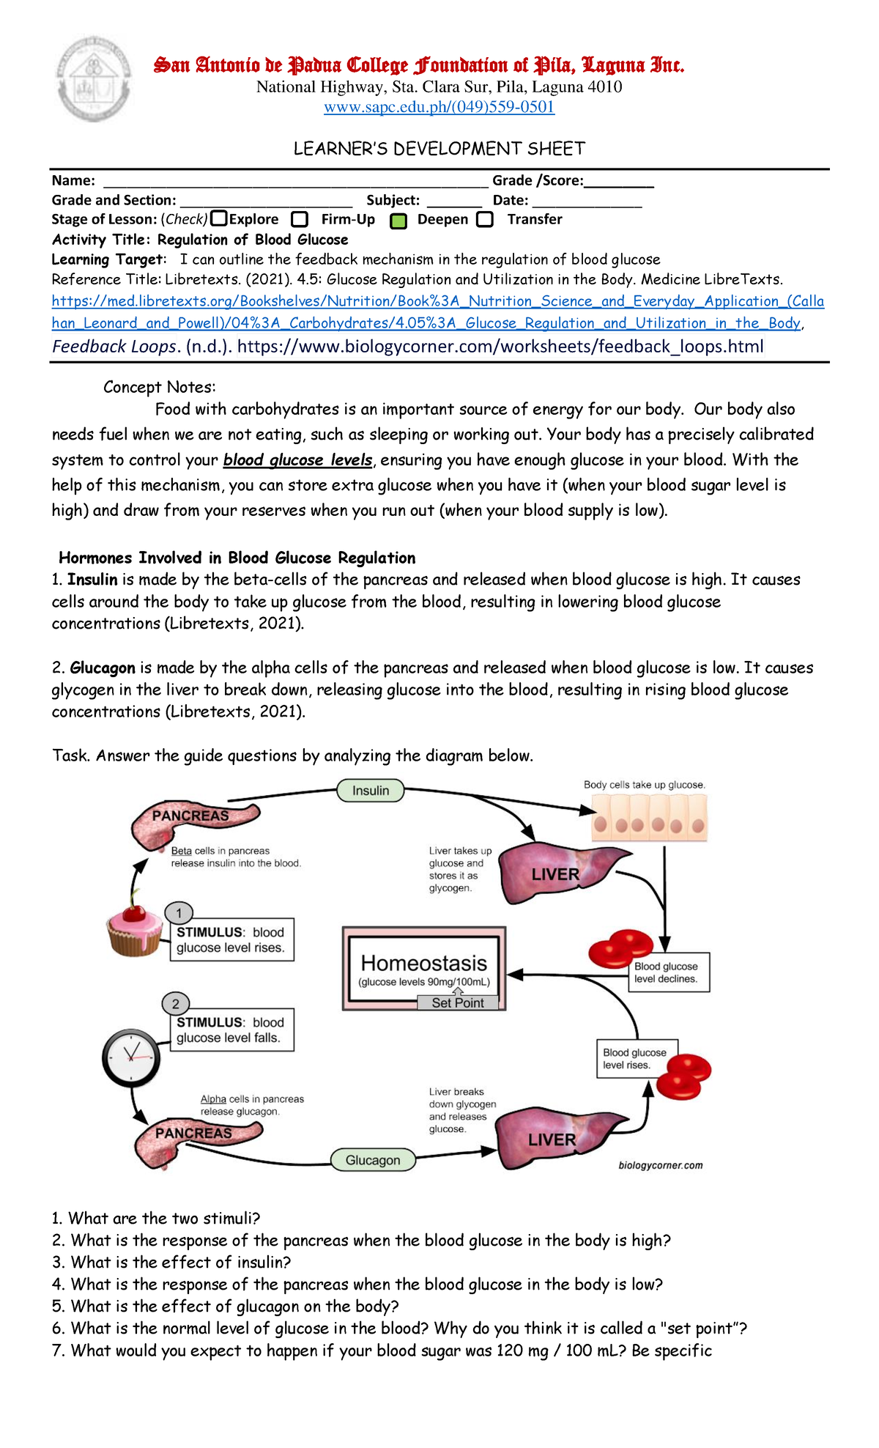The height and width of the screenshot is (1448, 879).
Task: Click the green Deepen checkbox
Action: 398,221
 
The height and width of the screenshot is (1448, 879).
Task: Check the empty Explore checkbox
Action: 218,218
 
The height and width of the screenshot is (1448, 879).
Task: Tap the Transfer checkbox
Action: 485,219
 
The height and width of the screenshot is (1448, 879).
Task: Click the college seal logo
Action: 94,78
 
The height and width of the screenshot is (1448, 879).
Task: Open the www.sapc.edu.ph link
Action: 439,107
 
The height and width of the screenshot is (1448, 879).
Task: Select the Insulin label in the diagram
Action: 371,791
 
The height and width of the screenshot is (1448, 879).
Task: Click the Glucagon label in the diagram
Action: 373,1160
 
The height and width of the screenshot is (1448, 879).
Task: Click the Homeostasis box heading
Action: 424,963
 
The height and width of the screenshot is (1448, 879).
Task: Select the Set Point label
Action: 458,1002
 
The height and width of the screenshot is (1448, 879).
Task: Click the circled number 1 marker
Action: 179,913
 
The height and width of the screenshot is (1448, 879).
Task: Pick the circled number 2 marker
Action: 176,1004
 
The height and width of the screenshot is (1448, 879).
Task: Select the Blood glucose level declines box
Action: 669,972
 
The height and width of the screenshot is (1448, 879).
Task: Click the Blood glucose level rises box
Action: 636,1058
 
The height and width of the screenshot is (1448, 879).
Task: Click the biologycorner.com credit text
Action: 660,1165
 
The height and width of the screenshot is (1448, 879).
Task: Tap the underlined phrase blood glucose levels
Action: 298,460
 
